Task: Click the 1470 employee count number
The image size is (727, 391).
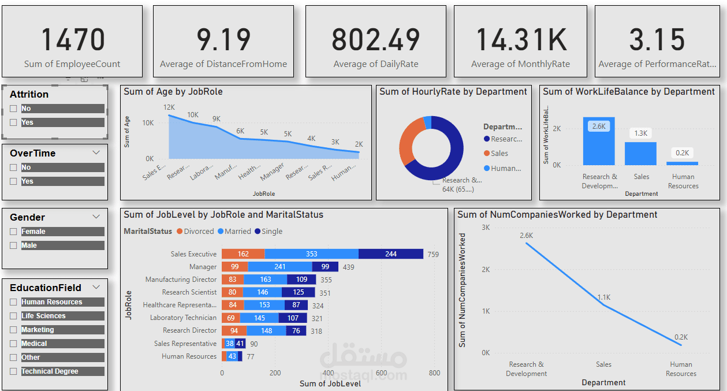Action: (x=73, y=40)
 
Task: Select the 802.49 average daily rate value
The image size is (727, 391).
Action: (x=375, y=40)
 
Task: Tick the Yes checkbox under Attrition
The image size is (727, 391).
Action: (x=13, y=122)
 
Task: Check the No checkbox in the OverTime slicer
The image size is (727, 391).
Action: (x=13, y=167)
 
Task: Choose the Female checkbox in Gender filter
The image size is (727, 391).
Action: (x=13, y=232)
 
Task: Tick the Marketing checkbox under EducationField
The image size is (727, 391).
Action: (x=13, y=330)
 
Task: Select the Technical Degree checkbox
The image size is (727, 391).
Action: (x=13, y=371)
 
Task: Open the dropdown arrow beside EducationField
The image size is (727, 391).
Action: (x=96, y=287)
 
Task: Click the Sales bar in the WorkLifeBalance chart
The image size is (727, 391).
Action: (x=640, y=154)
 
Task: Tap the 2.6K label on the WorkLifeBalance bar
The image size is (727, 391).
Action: (x=599, y=126)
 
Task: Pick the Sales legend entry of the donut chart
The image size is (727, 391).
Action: (x=499, y=154)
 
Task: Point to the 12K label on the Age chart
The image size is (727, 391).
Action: (x=169, y=107)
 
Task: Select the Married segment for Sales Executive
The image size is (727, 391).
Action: (x=311, y=254)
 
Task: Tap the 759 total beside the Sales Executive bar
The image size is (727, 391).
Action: (x=433, y=254)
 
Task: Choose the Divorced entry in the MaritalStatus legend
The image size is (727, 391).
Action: (x=196, y=232)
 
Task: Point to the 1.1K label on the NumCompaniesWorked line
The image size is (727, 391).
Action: (x=604, y=297)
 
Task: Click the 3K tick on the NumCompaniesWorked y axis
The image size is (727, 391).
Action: (x=486, y=228)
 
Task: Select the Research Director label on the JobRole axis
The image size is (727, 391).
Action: (x=189, y=330)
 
